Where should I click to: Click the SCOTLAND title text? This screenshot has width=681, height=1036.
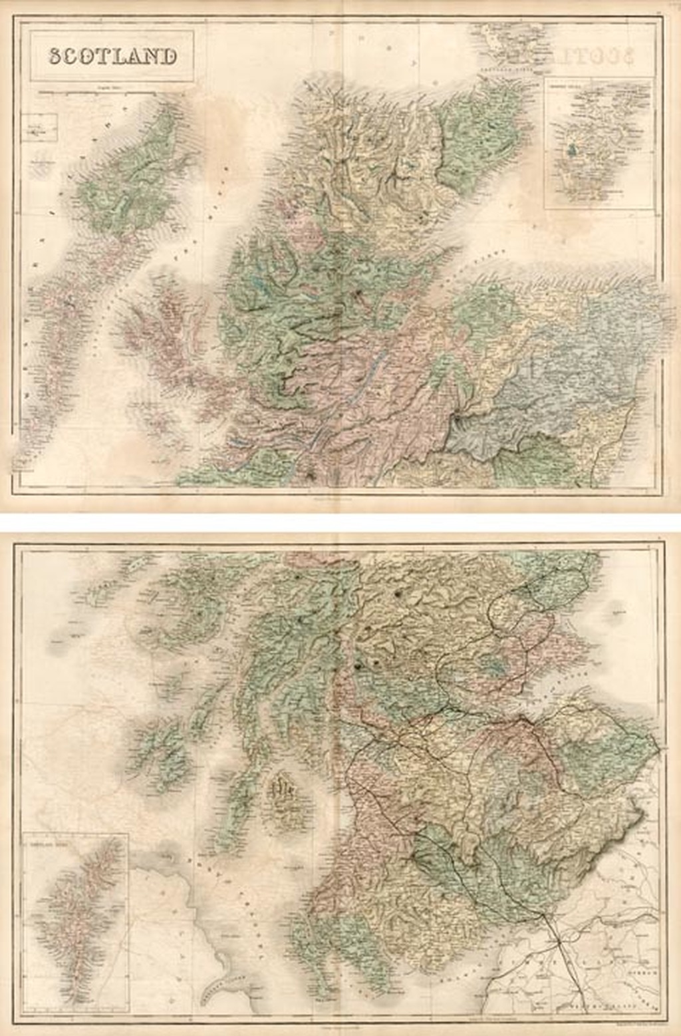click(x=112, y=57)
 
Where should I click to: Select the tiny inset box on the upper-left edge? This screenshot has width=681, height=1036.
click(x=38, y=126)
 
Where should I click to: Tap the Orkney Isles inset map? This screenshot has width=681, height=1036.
click(x=599, y=143)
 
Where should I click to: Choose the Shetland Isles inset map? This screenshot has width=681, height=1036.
click(x=75, y=922)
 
